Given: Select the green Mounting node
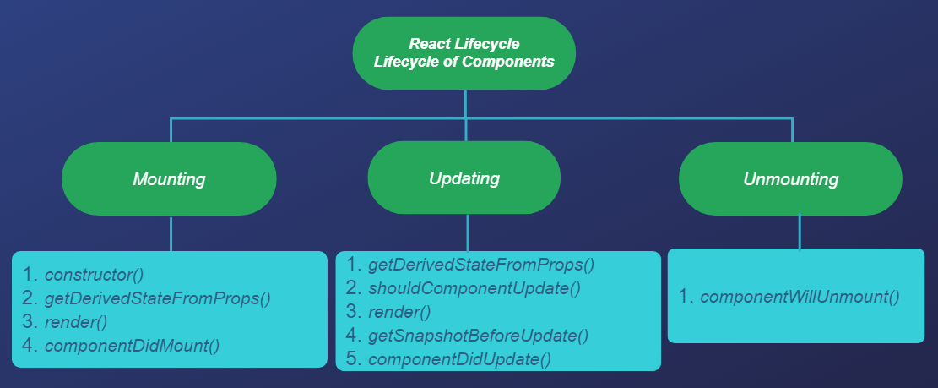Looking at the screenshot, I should [x=169, y=179].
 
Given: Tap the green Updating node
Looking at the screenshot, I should [x=464, y=178].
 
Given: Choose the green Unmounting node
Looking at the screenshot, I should [x=790, y=179].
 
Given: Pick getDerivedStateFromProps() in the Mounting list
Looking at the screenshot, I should [x=157, y=298].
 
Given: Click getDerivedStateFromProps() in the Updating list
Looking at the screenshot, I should [x=480, y=265].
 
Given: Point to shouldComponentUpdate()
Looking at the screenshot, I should [x=474, y=288].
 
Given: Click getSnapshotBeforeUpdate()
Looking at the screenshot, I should [x=477, y=336].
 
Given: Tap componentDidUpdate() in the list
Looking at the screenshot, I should [x=458, y=359].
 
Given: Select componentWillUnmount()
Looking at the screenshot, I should [x=799, y=297].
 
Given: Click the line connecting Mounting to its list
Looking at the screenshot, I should [x=171, y=233].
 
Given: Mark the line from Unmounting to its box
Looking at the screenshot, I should [x=800, y=232].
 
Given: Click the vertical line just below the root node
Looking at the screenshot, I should [x=465, y=102].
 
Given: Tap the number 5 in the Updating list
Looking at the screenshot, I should [x=354, y=359].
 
